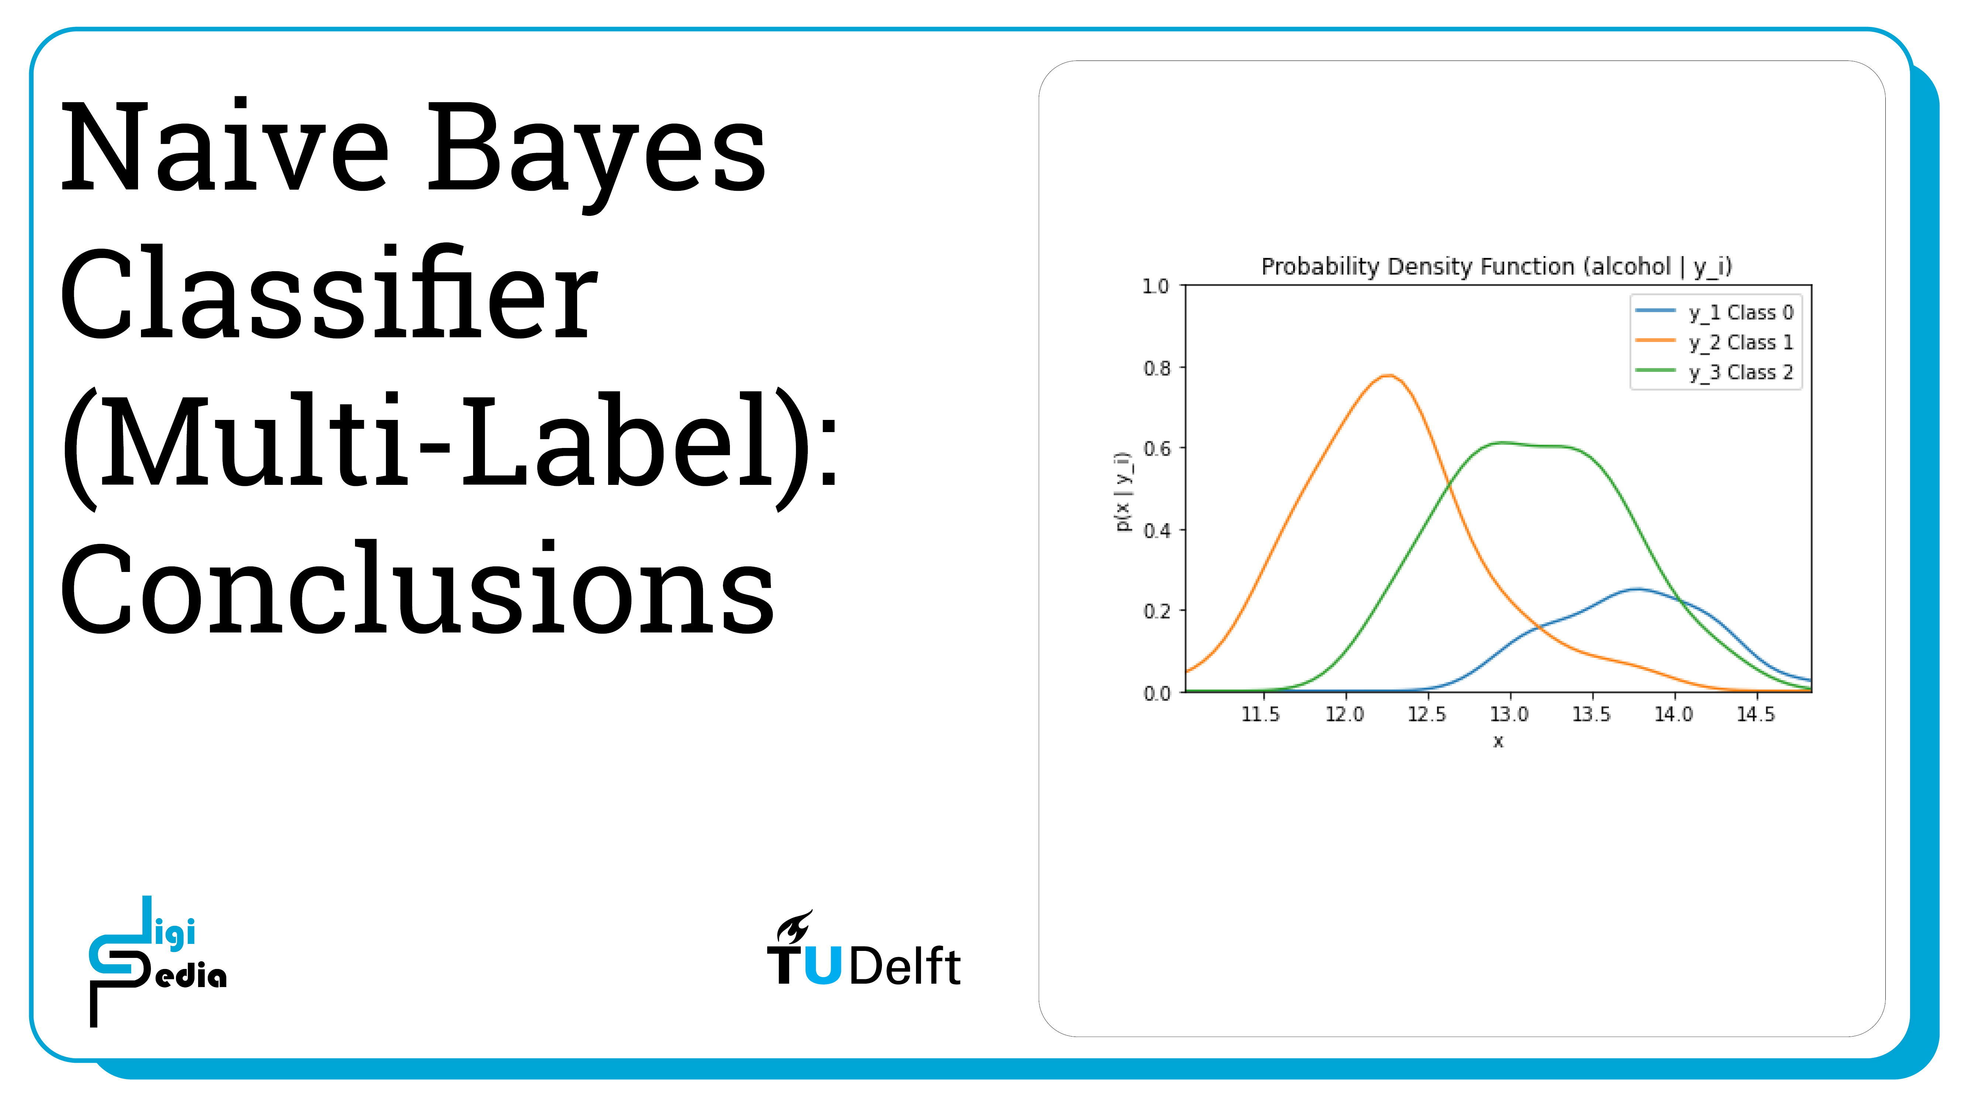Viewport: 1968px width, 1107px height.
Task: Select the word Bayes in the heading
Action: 596,156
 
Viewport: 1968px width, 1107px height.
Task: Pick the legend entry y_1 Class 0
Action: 1714,312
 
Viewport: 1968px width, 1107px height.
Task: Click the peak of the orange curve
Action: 1388,375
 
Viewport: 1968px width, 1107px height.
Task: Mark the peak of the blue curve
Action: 1637,588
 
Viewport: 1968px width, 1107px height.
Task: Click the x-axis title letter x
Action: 1498,741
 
